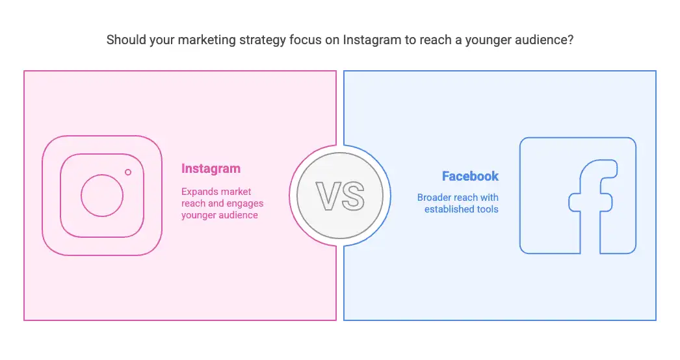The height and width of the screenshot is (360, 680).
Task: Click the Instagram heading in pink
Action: [x=211, y=169]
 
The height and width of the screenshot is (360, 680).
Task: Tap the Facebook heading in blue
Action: [x=470, y=176]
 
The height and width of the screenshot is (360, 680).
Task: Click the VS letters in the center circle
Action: [x=340, y=196]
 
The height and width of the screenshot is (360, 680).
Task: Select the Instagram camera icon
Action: [x=102, y=196]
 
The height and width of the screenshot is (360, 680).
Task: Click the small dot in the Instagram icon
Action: [x=128, y=172]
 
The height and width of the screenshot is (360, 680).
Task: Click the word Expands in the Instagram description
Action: [x=199, y=192]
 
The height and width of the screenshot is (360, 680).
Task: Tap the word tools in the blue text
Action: [x=488, y=209]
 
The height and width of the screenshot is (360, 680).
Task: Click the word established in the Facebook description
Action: [x=449, y=209]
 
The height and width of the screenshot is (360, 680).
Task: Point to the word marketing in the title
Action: [x=207, y=40]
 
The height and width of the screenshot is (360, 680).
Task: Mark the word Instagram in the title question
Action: [x=372, y=40]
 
